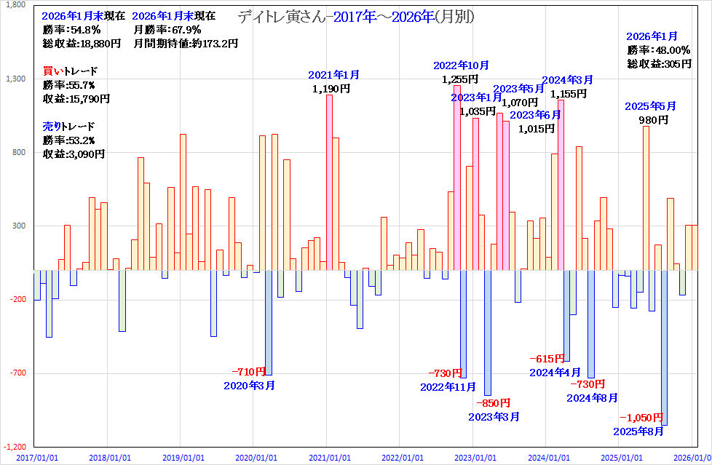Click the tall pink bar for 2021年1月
tap(329, 182)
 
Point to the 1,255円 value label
tap(460, 79)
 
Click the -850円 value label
tap(494, 402)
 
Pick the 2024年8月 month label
tap(593, 397)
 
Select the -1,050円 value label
tap(641, 417)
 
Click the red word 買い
tap(52, 71)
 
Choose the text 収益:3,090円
tap(73, 154)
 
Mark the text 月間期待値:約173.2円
tap(186, 44)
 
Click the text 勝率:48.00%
tap(658, 50)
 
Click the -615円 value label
tap(547, 358)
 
